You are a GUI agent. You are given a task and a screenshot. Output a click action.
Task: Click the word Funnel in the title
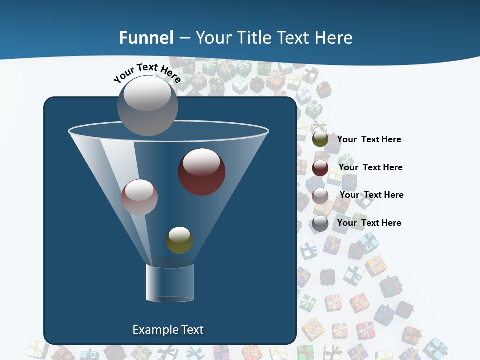[146, 38]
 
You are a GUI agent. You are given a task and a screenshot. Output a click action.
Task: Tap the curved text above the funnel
[147, 72]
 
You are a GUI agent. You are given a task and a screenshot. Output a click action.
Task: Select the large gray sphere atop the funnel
[148, 105]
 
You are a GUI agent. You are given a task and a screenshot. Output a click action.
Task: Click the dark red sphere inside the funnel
[202, 172]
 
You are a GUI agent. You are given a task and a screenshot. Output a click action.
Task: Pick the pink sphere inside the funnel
[139, 197]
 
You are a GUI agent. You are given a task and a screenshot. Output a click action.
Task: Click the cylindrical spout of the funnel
[170, 283]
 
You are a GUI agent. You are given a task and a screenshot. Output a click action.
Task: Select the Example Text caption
[168, 330]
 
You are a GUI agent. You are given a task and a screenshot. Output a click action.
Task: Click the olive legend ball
[320, 139]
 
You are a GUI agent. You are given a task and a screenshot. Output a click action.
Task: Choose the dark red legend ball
[320, 167]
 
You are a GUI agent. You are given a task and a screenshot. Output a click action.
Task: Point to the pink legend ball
[320, 195]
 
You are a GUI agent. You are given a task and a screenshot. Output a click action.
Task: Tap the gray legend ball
[320, 223]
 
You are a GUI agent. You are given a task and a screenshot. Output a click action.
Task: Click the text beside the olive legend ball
[369, 139]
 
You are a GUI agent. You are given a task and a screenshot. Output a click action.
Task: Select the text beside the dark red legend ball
[370, 167]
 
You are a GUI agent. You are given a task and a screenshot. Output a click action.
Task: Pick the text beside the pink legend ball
[371, 195]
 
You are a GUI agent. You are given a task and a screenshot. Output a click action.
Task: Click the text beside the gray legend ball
[369, 223]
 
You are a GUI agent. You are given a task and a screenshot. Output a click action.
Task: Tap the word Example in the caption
[154, 330]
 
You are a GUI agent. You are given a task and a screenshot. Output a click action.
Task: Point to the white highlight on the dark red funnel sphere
[201, 161]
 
